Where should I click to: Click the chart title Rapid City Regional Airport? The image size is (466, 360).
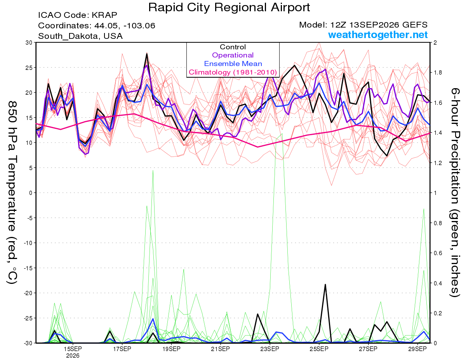[x=229, y=7]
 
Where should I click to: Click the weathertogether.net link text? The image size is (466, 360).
[x=378, y=35]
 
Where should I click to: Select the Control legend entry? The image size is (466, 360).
[x=233, y=47]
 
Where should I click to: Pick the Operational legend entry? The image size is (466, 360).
[x=233, y=55]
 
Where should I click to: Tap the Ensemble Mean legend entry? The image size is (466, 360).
[x=233, y=64]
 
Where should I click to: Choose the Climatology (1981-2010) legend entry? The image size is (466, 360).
[x=233, y=72]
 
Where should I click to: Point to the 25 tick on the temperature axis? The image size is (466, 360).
[x=29, y=68]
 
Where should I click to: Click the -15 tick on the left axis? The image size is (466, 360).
[x=28, y=268]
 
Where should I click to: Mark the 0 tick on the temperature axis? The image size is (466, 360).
[x=31, y=193]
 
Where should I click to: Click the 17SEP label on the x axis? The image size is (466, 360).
[x=122, y=349]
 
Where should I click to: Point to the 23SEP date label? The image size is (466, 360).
[x=270, y=349]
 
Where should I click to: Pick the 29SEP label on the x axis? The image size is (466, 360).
[x=417, y=349]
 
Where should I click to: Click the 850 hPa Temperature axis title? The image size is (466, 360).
[x=12, y=193]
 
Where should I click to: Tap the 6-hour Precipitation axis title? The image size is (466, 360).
[x=455, y=192]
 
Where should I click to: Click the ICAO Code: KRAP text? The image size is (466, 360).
[x=78, y=15]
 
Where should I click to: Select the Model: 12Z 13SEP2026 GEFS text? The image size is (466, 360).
[x=363, y=25]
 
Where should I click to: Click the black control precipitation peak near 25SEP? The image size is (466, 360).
[x=325, y=285]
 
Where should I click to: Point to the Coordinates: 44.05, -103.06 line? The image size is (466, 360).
[x=97, y=26]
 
